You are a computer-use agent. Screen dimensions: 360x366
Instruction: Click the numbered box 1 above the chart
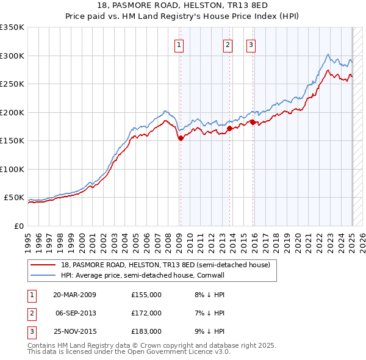tap(179, 44)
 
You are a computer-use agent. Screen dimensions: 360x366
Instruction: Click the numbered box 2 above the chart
tap(228, 44)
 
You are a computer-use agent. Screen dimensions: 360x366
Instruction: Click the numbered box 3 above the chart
tap(251, 44)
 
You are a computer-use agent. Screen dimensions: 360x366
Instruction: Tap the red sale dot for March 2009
tap(181, 139)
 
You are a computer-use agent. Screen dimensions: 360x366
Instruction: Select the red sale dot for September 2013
tap(229, 129)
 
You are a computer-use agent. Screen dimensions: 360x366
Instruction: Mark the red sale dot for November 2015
tap(253, 123)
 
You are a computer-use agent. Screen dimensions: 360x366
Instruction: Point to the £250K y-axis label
tap(12, 84)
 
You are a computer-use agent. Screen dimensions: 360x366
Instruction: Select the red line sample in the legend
tap(43, 265)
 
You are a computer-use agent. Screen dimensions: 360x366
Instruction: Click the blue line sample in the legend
tap(43, 276)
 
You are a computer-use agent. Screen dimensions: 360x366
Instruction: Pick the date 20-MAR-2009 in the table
tap(74, 295)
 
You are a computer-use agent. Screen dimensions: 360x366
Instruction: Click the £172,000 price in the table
tap(146, 313)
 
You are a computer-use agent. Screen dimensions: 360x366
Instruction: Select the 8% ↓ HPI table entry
tap(208, 295)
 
